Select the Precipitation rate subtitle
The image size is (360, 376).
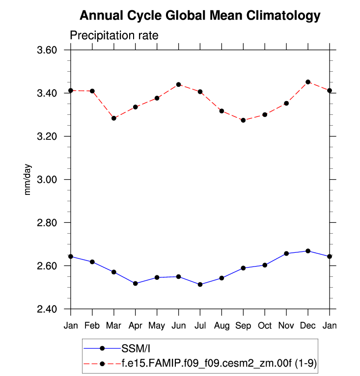[x=114, y=36]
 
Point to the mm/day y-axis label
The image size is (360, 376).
[x=28, y=180]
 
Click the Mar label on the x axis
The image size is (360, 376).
[x=113, y=325]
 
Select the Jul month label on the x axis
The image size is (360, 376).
[x=200, y=325]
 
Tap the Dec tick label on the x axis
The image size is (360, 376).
[x=308, y=325]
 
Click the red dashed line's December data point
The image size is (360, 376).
[x=308, y=82]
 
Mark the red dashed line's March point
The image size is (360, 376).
[x=114, y=118]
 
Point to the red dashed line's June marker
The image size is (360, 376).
[x=179, y=84]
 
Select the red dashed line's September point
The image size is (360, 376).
[x=243, y=120]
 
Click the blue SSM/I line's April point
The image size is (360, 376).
[x=136, y=284]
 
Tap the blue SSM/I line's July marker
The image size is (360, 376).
[x=200, y=285]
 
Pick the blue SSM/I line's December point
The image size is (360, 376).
[x=308, y=251]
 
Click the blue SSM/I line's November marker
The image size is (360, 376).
[x=286, y=253]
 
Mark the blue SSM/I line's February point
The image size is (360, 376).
[x=92, y=262]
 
